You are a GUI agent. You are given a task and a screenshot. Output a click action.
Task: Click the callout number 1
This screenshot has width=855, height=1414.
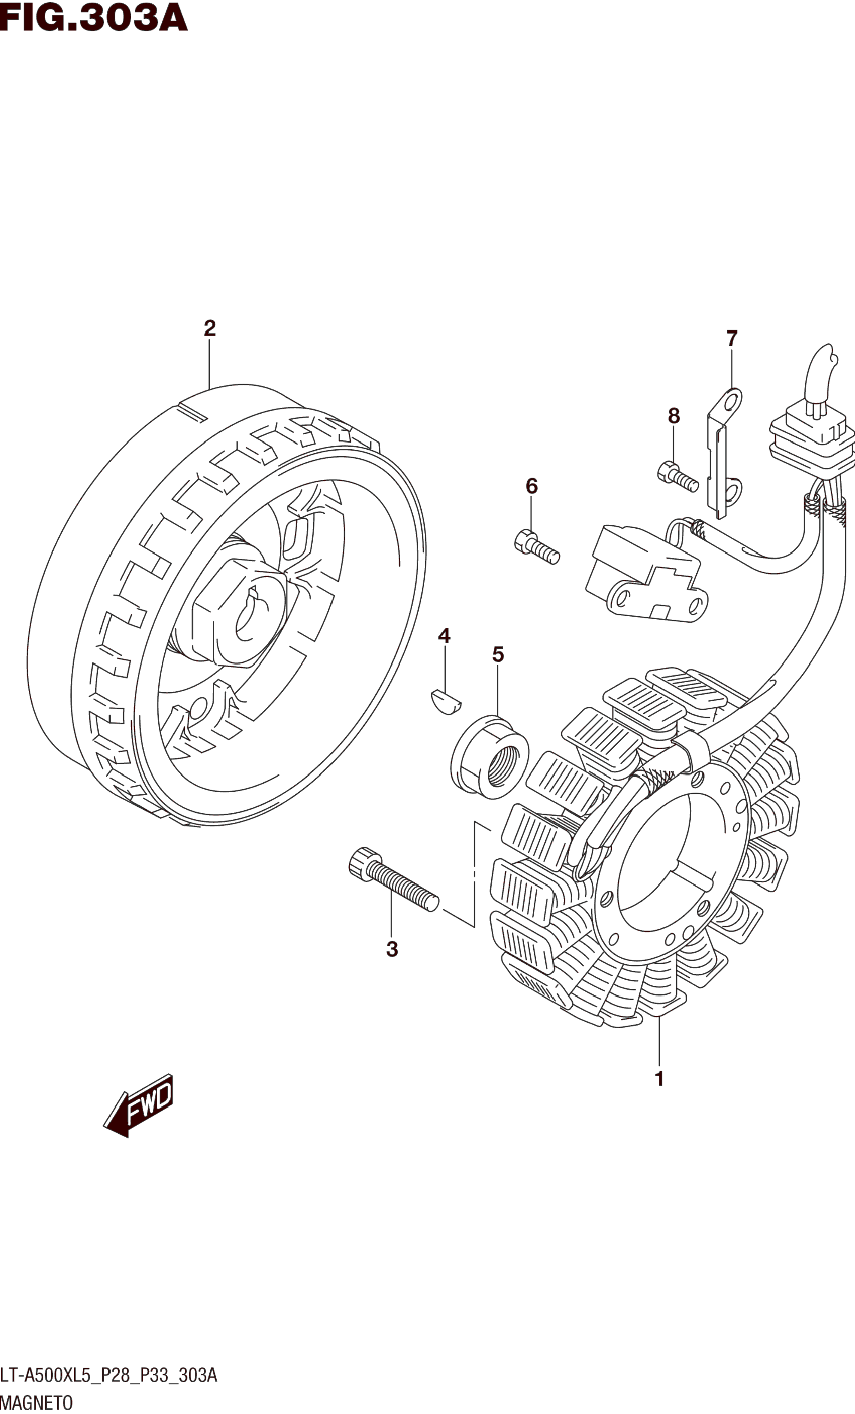(x=659, y=1079)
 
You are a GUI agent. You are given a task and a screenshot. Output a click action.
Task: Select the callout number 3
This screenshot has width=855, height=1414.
(x=392, y=949)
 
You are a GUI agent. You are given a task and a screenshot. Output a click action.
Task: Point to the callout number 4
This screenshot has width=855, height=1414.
(x=444, y=635)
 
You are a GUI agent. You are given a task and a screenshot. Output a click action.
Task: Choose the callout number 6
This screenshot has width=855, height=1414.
(x=532, y=486)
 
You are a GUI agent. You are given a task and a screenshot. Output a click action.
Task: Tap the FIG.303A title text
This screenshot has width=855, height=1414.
(x=94, y=17)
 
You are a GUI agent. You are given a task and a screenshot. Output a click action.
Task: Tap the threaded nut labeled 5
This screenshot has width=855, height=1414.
(x=489, y=757)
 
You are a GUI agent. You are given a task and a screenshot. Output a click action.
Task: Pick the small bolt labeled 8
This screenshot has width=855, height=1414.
(x=677, y=476)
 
